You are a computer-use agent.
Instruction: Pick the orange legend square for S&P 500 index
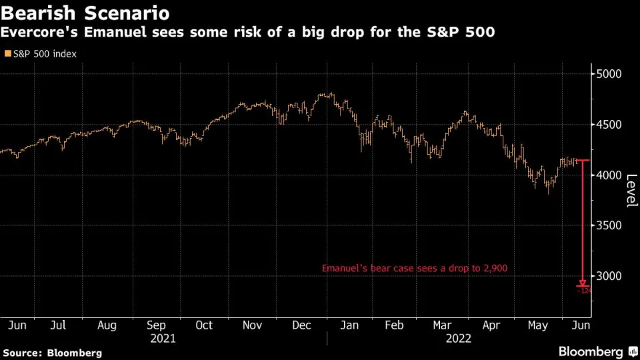[7, 53]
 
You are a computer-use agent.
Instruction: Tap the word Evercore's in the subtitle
[43, 33]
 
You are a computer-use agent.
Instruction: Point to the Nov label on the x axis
[251, 325]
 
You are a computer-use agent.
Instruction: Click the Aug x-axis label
[107, 325]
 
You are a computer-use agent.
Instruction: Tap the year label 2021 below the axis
[163, 339]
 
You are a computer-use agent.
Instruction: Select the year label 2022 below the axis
[459, 339]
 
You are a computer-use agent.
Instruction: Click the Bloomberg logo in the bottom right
[590, 351]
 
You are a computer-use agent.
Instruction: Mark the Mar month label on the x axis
[442, 325]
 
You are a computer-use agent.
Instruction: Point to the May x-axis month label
[537, 325]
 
